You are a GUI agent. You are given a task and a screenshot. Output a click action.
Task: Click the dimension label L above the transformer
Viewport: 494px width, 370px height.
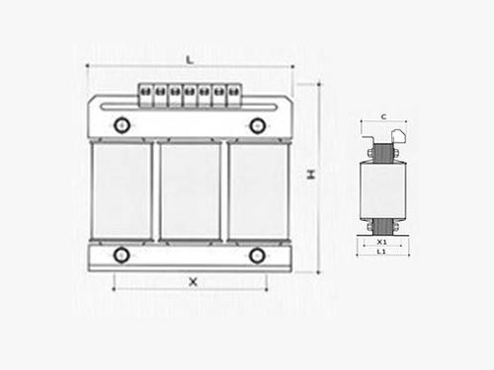190,60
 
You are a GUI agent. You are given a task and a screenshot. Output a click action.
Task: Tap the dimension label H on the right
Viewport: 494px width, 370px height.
311,174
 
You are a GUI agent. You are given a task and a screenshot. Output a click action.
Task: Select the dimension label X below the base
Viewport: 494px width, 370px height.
193,281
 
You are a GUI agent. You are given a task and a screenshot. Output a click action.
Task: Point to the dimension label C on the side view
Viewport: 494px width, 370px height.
383,116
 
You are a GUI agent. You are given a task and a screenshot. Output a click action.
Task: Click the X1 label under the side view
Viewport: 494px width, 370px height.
381,242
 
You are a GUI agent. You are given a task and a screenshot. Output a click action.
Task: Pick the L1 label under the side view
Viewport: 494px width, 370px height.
381,252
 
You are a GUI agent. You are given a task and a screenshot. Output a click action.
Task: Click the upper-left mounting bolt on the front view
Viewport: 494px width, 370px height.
122,125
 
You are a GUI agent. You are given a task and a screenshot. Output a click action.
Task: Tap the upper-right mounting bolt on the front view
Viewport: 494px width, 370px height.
257,125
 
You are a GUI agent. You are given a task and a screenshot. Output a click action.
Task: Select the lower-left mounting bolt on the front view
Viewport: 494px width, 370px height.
122,256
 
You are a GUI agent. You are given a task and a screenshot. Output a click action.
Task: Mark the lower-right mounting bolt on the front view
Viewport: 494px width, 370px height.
257,256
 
